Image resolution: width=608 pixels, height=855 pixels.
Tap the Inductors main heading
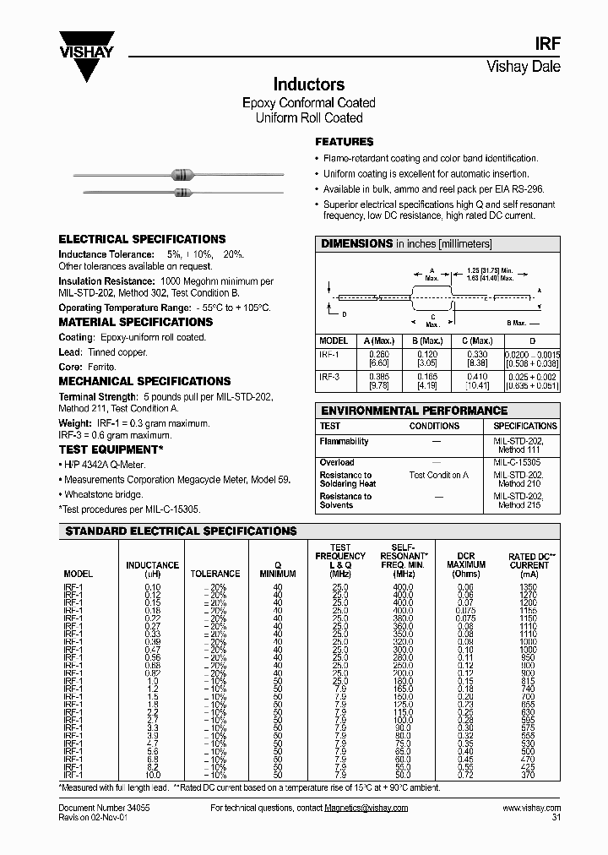click(308, 84)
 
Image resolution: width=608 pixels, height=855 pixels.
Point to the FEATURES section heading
click(344, 142)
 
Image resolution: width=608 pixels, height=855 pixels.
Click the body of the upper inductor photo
click(182, 175)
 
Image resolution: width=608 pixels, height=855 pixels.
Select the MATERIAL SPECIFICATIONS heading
click(135, 322)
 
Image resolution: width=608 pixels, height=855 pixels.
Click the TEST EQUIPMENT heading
click(111, 449)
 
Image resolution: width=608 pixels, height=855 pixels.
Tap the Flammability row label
click(344, 441)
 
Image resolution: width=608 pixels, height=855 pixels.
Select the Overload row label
click(337, 462)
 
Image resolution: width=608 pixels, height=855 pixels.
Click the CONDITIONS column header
click(434, 426)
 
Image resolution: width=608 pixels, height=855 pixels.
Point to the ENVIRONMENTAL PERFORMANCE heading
click(413, 411)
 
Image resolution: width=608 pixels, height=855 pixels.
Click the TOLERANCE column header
click(215, 574)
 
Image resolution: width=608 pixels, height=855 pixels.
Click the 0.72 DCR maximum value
click(465, 775)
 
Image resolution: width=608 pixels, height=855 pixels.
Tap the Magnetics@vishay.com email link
click(366, 808)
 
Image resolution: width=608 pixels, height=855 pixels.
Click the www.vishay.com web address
click(531, 808)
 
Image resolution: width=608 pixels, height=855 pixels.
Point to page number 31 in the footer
click(556, 817)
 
